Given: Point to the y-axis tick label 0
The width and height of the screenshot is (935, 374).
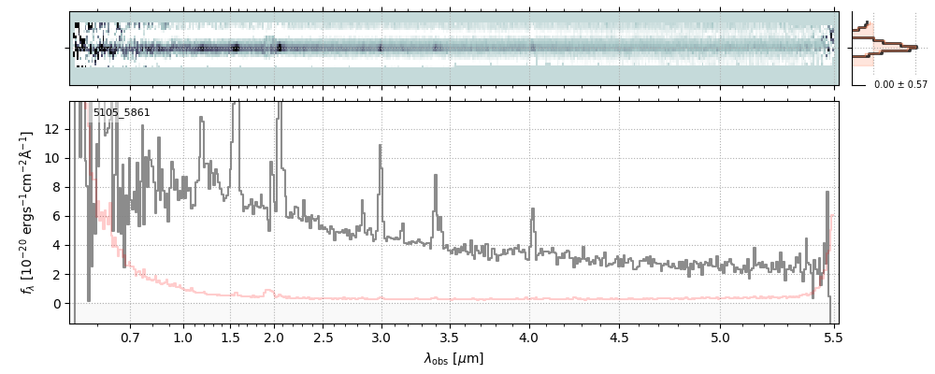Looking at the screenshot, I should (58, 304).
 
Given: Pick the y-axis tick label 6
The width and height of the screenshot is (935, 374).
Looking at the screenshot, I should (58, 216).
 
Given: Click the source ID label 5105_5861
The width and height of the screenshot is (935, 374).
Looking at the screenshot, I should (122, 113).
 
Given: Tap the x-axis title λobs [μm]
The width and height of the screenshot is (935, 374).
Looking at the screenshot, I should (453, 359).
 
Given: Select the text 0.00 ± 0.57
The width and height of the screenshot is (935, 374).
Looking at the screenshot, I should (900, 85).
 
